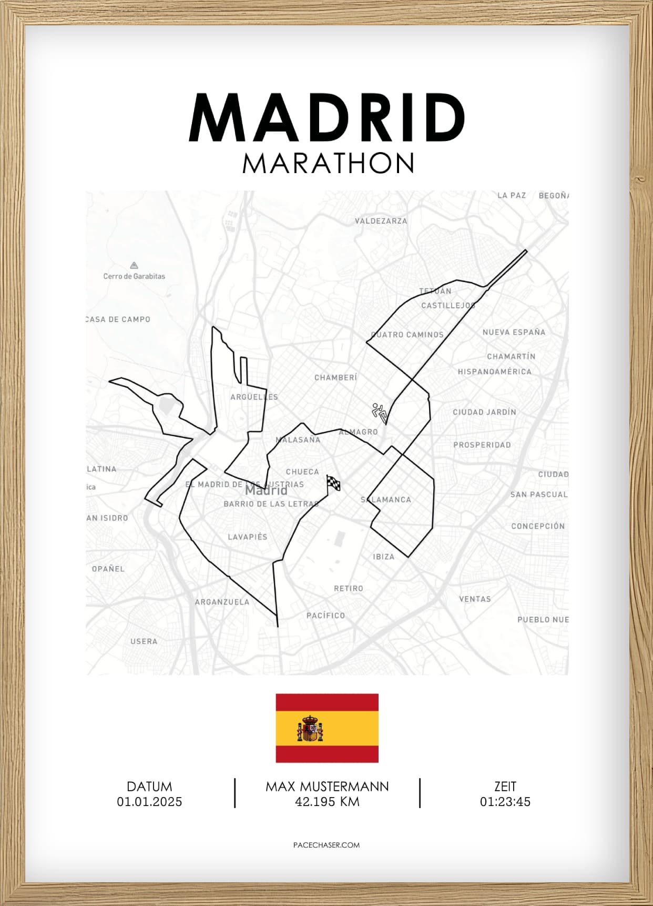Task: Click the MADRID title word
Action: (x=327, y=118)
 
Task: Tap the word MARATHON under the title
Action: (x=328, y=164)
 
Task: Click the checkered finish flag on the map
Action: (x=333, y=483)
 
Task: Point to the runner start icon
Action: (x=380, y=413)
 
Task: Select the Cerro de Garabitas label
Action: (x=134, y=276)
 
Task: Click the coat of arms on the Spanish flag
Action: (x=310, y=729)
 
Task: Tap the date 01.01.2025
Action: (x=149, y=802)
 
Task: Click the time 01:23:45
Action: (x=505, y=802)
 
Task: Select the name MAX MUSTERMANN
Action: (x=327, y=787)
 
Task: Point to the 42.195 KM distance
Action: (x=327, y=802)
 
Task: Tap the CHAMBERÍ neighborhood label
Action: (x=335, y=378)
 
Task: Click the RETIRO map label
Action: (x=349, y=589)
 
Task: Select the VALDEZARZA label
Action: (x=381, y=221)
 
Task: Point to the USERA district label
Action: (x=144, y=641)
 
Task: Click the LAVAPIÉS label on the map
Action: (x=248, y=537)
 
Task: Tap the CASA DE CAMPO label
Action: (x=119, y=319)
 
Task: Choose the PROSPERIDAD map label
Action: (x=482, y=445)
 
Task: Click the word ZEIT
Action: (x=505, y=787)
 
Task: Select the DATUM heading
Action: (x=149, y=787)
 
